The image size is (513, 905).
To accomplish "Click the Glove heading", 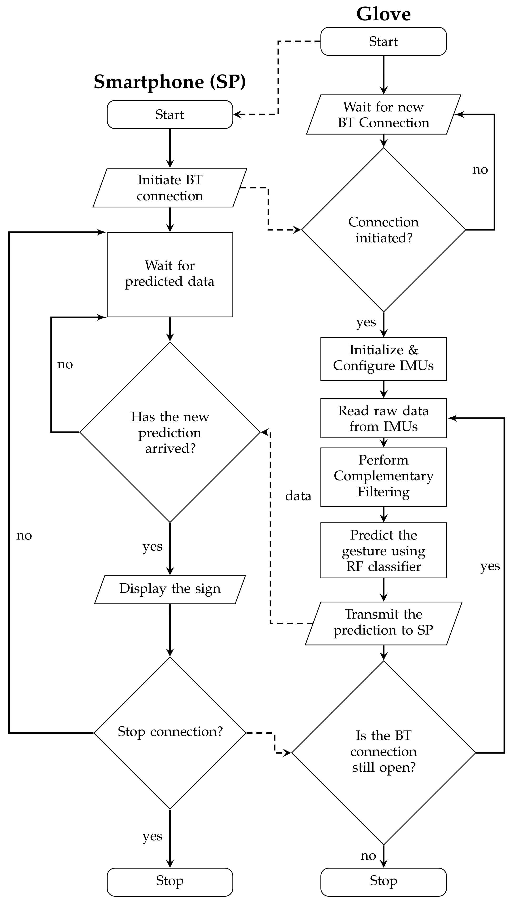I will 383,14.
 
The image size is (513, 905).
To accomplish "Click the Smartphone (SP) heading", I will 169,82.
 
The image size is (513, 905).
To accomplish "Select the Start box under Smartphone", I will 170,115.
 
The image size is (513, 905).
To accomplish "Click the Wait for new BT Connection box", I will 383,115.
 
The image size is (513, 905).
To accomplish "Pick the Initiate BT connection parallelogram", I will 170,187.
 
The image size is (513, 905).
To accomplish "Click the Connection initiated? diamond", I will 383,230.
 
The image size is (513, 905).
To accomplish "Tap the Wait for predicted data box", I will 170,274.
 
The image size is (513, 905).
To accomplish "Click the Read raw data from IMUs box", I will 383,418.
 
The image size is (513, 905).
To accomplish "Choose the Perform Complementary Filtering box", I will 383,477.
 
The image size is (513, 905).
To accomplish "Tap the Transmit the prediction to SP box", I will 383,623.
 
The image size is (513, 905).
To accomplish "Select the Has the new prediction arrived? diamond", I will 170,432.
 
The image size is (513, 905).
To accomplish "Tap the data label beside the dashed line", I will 298,496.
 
